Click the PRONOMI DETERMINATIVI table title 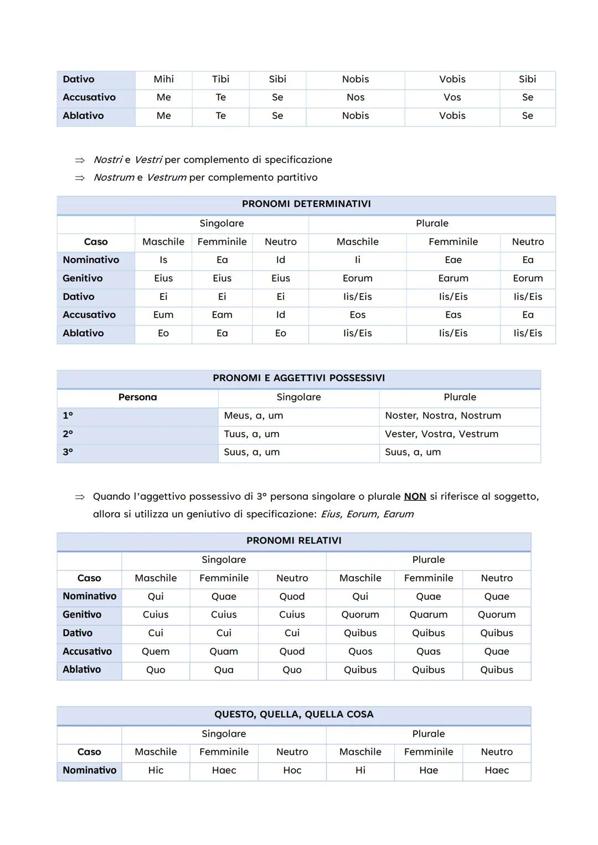click(x=306, y=204)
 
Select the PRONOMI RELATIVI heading click(x=293, y=541)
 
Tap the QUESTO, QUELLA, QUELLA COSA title click(x=293, y=714)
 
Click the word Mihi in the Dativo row click(x=163, y=79)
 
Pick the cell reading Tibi click(x=220, y=79)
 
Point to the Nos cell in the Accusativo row click(x=355, y=97)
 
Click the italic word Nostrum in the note click(x=114, y=178)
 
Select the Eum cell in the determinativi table click(x=163, y=315)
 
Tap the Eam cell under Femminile click(x=222, y=315)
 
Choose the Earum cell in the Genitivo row click(x=453, y=278)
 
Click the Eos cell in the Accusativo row click(x=358, y=315)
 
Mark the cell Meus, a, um click(x=253, y=416)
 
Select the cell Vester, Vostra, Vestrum click(x=441, y=434)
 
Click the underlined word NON click(x=415, y=496)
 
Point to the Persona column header click(x=137, y=397)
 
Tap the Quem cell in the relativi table click(x=156, y=651)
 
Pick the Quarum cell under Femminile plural click(x=429, y=615)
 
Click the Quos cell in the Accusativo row click(x=360, y=651)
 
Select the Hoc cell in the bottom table click(x=292, y=770)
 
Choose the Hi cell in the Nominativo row click(x=360, y=770)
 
